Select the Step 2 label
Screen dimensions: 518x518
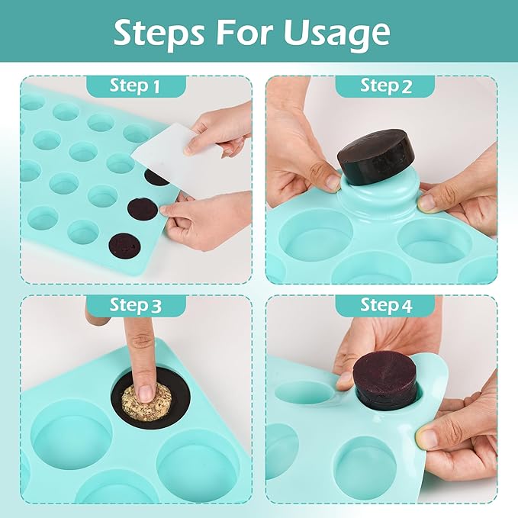(x=385, y=85)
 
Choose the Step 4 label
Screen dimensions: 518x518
(x=385, y=306)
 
